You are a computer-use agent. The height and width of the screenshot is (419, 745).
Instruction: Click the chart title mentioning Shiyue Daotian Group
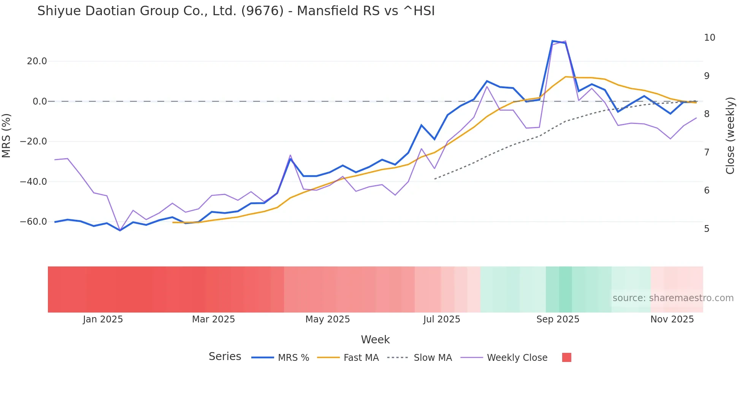[x=236, y=11]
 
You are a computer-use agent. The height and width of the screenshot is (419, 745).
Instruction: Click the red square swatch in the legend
[x=566, y=357]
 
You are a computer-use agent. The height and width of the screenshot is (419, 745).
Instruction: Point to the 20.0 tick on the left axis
[x=37, y=61]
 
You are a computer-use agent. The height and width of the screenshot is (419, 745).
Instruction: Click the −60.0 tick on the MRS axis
[x=33, y=222]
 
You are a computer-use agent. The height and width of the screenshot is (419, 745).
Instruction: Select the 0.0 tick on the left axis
[x=40, y=102]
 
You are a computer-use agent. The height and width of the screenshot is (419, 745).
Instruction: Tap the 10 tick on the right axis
[x=709, y=38]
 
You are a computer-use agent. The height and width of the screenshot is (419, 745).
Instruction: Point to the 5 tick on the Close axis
[x=707, y=229]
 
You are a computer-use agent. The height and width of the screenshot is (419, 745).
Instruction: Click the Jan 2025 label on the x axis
[x=103, y=319]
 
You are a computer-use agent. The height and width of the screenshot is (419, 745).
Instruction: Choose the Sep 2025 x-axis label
[x=558, y=319]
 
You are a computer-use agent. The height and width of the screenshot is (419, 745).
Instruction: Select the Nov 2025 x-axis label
[x=672, y=319]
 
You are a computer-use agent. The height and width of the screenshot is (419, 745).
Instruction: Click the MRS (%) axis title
[x=6, y=135]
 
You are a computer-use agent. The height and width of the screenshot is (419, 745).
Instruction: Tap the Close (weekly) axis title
[x=730, y=135]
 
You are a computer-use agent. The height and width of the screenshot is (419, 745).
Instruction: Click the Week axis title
[x=375, y=340]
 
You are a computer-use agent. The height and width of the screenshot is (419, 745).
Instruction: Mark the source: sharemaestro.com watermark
[x=673, y=298]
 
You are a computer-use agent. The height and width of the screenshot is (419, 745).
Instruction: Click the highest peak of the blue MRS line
[x=552, y=41]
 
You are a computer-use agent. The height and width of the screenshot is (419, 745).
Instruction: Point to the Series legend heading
[x=225, y=357]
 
